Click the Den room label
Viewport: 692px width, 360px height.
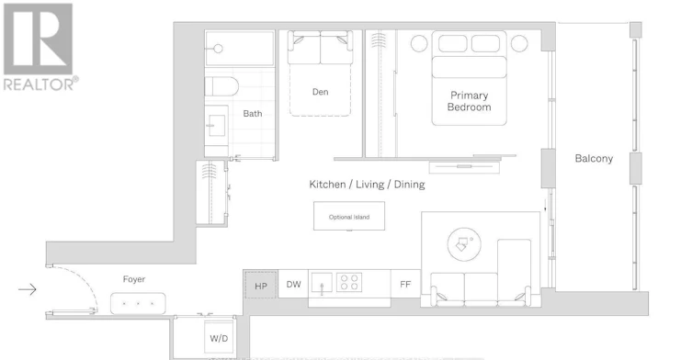point(321,92)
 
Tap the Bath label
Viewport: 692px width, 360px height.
point(253,113)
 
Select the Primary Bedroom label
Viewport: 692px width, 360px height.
point(469,101)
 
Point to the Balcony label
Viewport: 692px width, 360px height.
point(594,158)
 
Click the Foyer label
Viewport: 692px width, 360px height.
point(134,279)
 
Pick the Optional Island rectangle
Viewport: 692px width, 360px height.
point(349,216)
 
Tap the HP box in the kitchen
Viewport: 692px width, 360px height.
point(261,286)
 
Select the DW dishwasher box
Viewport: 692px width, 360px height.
point(293,285)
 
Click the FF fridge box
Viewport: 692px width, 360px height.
point(405,284)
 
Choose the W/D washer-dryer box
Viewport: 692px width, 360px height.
point(219,338)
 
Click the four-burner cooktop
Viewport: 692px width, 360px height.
point(349,282)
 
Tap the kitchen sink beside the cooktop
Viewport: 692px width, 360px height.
point(322,283)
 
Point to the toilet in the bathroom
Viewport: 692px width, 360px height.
point(221,86)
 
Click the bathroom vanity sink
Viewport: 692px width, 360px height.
point(216,126)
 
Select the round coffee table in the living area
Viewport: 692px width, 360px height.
point(464,244)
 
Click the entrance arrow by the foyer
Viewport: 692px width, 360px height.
point(28,289)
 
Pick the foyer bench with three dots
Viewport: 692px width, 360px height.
point(138,304)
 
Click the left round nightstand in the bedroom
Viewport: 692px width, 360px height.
point(419,44)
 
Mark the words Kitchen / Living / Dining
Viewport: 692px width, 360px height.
point(368,185)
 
